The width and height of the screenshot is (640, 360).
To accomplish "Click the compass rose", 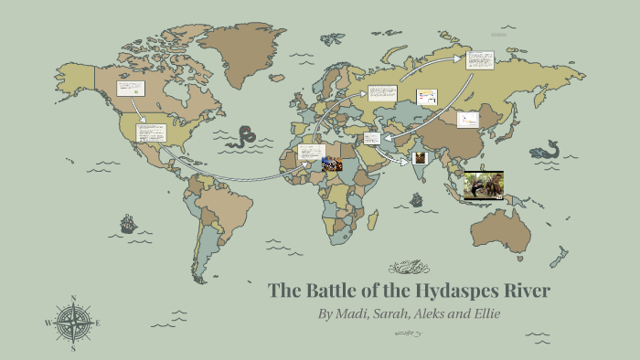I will point(72,323).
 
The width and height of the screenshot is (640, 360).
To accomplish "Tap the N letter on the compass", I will point(72,299).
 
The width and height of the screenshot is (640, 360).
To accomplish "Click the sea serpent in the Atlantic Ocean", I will point(245,137).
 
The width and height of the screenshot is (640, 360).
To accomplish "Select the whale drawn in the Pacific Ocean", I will point(549,150).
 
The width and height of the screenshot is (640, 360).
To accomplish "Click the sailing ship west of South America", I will point(127,223).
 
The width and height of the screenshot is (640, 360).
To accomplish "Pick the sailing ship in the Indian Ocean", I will point(417,198).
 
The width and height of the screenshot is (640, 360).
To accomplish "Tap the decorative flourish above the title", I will point(408,268).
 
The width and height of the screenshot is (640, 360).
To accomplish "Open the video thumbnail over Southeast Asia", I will point(484,185).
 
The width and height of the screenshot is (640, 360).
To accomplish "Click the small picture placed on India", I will point(421,158).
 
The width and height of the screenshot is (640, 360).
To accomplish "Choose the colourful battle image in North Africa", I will point(332,164).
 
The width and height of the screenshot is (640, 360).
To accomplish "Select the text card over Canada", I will point(130,89).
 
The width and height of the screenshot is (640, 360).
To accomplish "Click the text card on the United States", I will point(151,132).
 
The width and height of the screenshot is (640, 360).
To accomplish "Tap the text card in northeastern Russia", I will point(480,59).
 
